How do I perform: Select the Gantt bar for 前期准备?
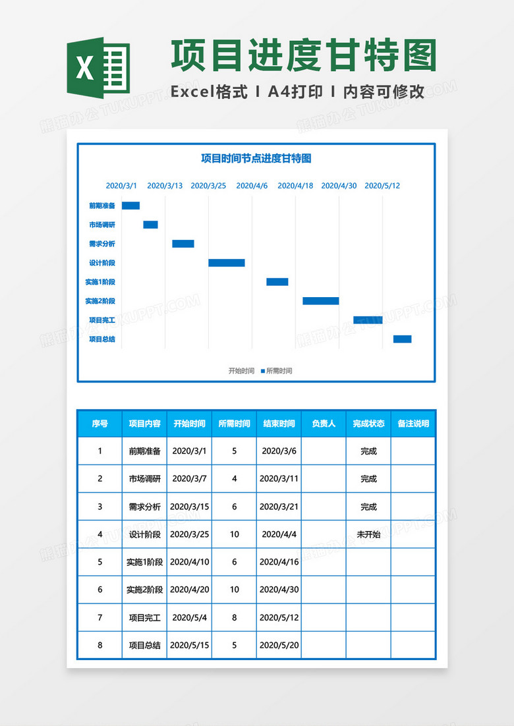(130, 206)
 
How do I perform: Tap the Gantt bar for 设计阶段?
(227, 263)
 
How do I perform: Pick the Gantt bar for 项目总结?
(402, 339)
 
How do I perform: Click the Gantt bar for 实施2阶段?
(321, 301)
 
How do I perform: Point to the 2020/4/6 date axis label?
(252, 186)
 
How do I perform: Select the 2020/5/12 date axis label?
(382, 186)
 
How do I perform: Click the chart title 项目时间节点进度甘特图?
(256, 158)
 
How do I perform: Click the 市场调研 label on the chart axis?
(102, 225)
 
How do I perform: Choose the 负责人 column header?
(324, 424)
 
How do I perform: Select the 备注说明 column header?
(413, 424)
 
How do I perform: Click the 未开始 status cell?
(368, 534)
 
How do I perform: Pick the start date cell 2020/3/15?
(189, 507)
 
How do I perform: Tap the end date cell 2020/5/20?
(279, 645)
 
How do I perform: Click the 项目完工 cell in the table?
(144, 617)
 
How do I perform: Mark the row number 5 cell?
(100, 562)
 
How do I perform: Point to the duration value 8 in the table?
(234, 617)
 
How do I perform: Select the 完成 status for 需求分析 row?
(368, 507)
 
